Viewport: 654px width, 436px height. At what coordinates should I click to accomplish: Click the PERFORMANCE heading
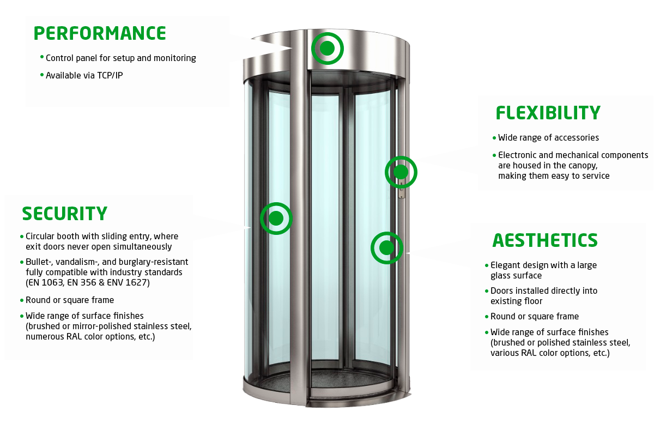point(100,33)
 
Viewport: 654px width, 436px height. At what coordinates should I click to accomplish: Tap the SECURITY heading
point(64,213)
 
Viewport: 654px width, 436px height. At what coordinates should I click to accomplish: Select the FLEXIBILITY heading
point(548,113)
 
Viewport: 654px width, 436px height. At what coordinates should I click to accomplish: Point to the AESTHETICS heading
point(544,240)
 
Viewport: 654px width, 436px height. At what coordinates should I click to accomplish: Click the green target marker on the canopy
point(327,49)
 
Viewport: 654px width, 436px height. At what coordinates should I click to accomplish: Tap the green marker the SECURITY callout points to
point(276,219)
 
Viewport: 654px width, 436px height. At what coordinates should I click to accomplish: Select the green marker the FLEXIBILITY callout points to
point(401,172)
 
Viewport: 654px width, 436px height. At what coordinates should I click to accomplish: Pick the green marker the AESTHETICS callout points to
point(386,248)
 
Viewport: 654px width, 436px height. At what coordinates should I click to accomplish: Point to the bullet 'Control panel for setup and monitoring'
point(120,58)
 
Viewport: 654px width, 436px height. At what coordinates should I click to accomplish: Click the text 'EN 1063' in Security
point(45,282)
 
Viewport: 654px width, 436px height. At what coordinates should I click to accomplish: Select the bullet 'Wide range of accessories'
point(548,137)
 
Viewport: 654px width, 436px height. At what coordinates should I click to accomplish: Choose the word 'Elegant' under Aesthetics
point(507,265)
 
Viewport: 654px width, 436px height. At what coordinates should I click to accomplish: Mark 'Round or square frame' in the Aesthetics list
point(534,316)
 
